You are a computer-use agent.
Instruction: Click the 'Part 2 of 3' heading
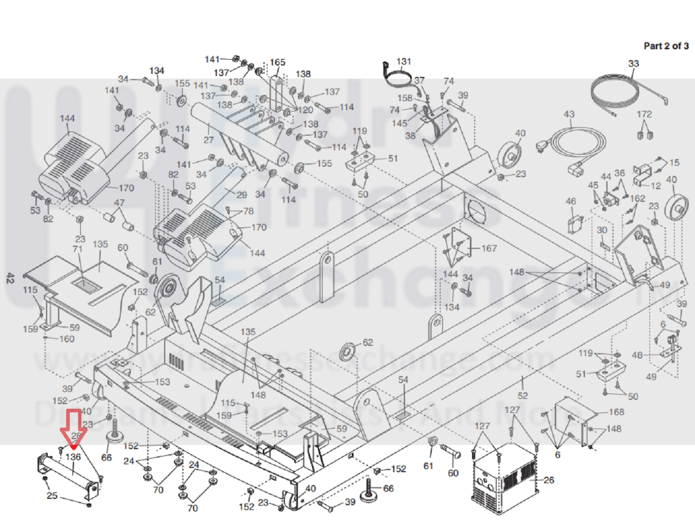click(x=666, y=46)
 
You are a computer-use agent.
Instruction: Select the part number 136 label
click(x=73, y=457)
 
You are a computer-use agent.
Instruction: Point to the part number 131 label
click(x=404, y=61)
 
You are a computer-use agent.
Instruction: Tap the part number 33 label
click(x=634, y=63)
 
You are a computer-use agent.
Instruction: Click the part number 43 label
click(x=569, y=114)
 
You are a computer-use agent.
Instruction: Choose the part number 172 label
click(x=644, y=114)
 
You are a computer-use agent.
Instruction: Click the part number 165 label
click(x=278, y=62)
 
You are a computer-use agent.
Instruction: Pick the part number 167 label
click(x=489, y=248)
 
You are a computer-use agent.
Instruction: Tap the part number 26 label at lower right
click(x=549, y=480)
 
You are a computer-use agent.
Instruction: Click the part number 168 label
click(x=616, y=412)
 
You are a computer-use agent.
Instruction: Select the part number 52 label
click(x=523, y=395)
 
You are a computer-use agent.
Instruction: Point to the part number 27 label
click(x=208, y=140)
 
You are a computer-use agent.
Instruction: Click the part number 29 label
click(x=241, y=195)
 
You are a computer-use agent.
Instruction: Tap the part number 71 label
click(x=78, y=249)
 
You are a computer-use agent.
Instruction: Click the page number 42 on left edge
click(x=10, y=278)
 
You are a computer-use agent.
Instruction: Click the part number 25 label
click(x=52, y=495)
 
